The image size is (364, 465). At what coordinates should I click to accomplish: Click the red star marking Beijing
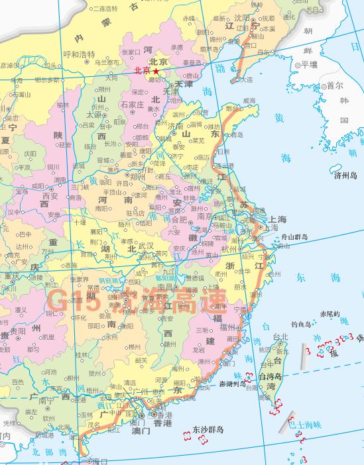[x=156, y=70]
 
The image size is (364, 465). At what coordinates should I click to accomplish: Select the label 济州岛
[x=345, y=176]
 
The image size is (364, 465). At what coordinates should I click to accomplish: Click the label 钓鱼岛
[x=302, y=325]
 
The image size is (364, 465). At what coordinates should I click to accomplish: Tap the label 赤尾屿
[x=329, y=313]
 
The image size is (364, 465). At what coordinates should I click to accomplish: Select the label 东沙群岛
[x=208, y=429]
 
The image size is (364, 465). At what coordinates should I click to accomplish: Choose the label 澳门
[x=141, y=430]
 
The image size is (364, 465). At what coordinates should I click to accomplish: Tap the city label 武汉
[x=144, y=246]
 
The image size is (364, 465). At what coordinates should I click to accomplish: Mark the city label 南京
[x=202, y=216]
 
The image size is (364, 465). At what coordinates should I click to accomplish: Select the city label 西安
[x=50, y=196]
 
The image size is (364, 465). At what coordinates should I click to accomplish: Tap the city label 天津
[x=183, y=85]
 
